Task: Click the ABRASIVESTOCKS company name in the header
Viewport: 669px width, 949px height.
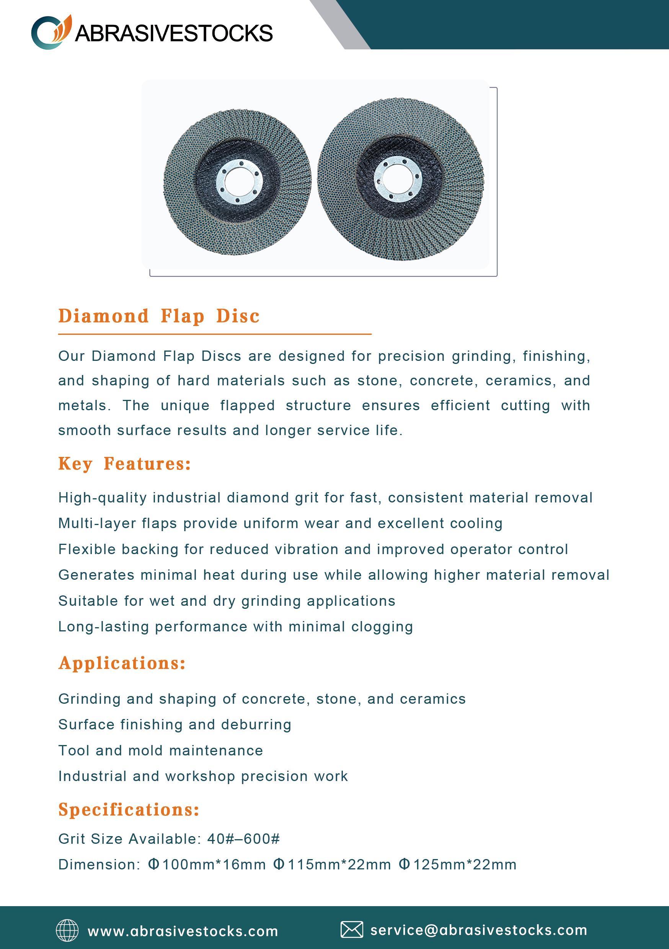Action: tap(174, 33)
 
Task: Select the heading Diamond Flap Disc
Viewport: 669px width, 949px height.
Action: tap(159, 316)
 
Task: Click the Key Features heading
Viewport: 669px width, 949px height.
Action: tap(124, 464)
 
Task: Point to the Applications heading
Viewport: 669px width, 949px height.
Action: tap(122, 663)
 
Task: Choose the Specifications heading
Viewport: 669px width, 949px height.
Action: tap(129, 809)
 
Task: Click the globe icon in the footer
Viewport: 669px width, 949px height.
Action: tap(67, 930)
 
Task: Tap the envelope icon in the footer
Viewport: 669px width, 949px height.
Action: tap(351, 929)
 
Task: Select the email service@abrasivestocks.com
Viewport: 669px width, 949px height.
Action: tap(479, 930)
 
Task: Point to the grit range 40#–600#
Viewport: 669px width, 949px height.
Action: tap(243, 839)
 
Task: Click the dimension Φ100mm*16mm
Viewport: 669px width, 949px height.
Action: tap(207, 864)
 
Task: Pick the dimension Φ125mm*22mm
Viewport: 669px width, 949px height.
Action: tap(458, 864)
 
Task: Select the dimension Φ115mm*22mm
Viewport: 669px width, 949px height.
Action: tap(332, 864)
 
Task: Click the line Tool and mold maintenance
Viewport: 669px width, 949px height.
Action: tap(160, 750)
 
